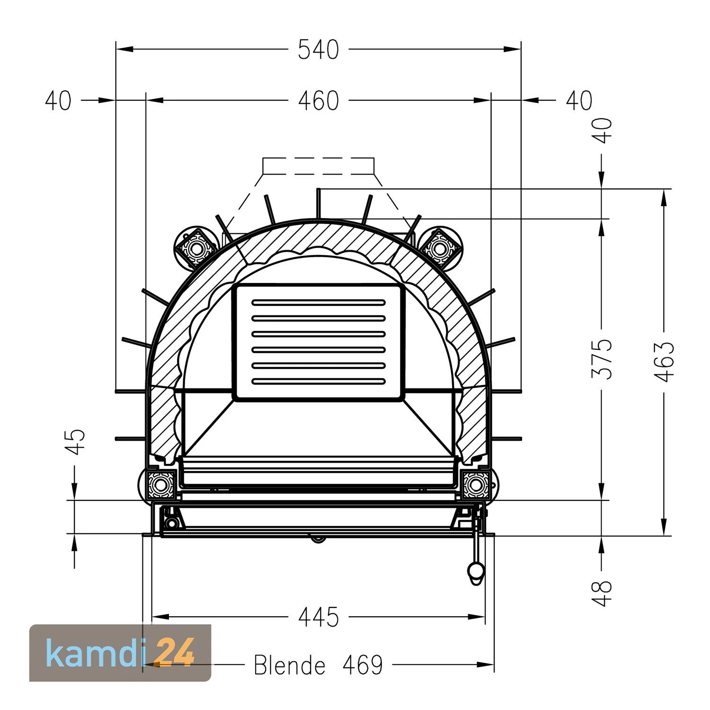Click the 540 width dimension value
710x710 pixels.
(319, 50)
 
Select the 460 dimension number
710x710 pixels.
(319, 101)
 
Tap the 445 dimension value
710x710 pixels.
(319, 617)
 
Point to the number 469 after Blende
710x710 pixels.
(363, 665)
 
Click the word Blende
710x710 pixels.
(290, 665)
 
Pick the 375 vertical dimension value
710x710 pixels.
(602, 358)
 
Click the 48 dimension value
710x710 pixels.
(602, 593)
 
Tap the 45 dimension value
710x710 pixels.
(75, 442)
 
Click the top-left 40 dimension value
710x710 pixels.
(58, 101)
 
